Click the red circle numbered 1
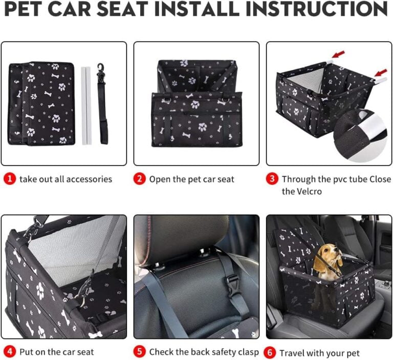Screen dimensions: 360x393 click(x=10, y=179)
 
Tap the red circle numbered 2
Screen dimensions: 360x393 click(x=140, y=179)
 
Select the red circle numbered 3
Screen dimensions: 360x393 click(x=272, y=179)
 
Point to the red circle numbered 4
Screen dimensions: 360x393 click(x=10, y=352)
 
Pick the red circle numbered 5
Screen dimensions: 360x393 click(x=140, y=352)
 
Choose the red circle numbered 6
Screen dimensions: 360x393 click(x=270, y=353)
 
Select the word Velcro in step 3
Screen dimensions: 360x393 click(x=309, y=192)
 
